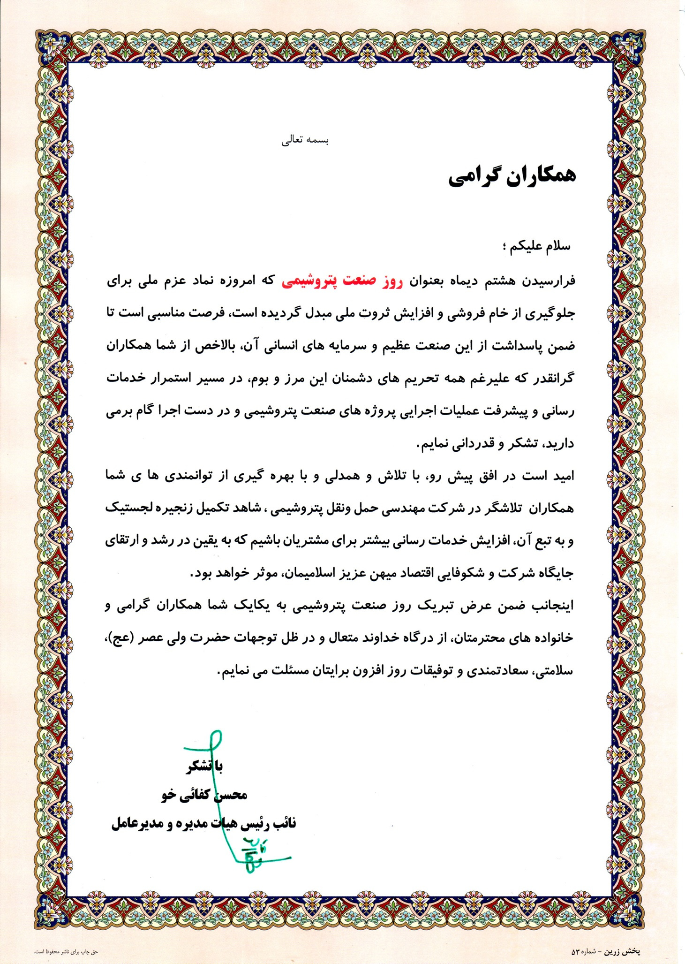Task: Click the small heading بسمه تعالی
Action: [x=305, y=141]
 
